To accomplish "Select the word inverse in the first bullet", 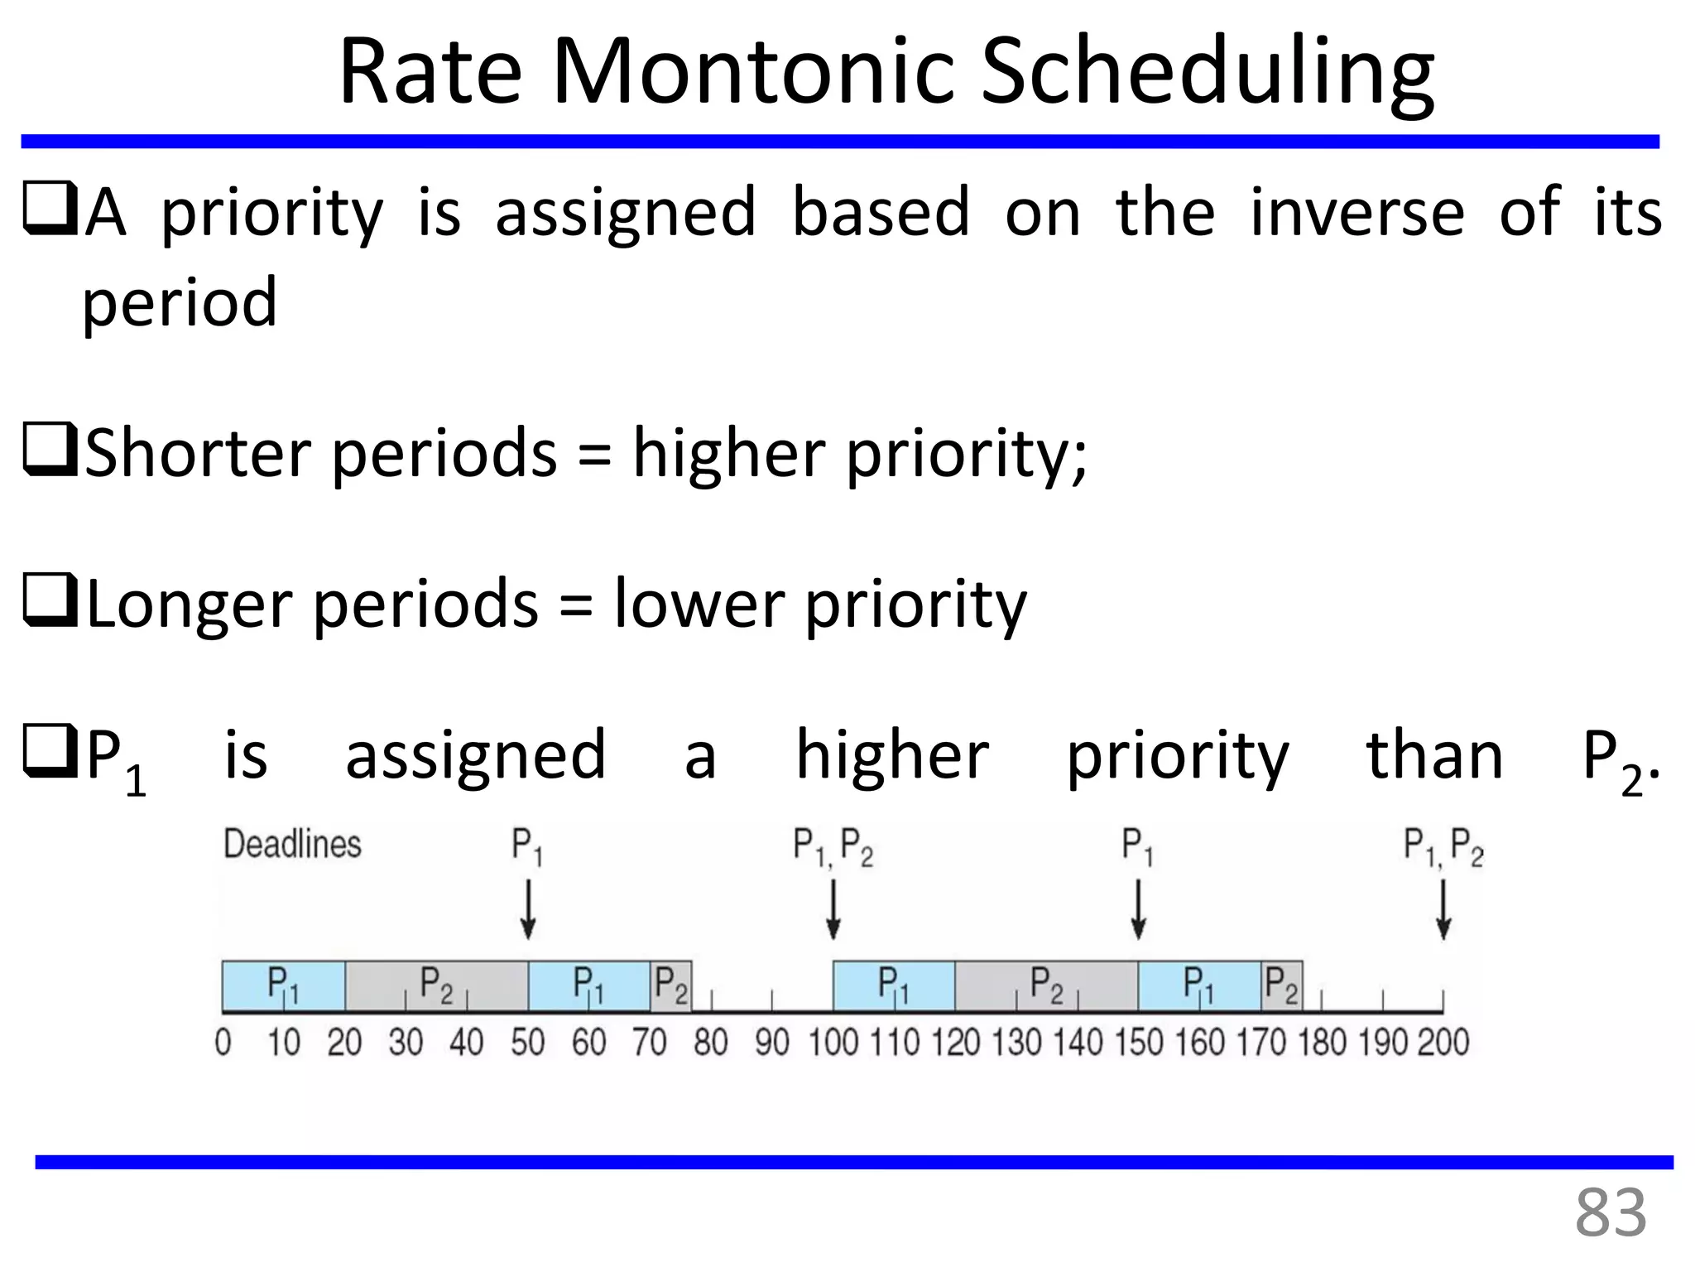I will [x=1356, y=212].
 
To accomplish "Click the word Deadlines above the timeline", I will [x=292, y=845].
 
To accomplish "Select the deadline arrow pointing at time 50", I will [x=528, y=908].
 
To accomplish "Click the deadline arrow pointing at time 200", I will [x=1443, y=908].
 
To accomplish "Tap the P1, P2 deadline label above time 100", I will [x=833, y=846].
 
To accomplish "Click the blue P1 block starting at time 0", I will [x=283, y=985].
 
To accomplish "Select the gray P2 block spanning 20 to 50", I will [x=436, y=985].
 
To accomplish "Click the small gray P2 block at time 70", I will [x=670, y=985].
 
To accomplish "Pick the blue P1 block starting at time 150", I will [x=1199, y=985].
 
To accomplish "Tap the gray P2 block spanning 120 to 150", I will [x=1046, y=985].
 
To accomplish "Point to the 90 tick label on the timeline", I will [x=771, y=1042].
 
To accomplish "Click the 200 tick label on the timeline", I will [x=1443, y=1042].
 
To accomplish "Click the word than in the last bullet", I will [x=1433, y=755].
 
